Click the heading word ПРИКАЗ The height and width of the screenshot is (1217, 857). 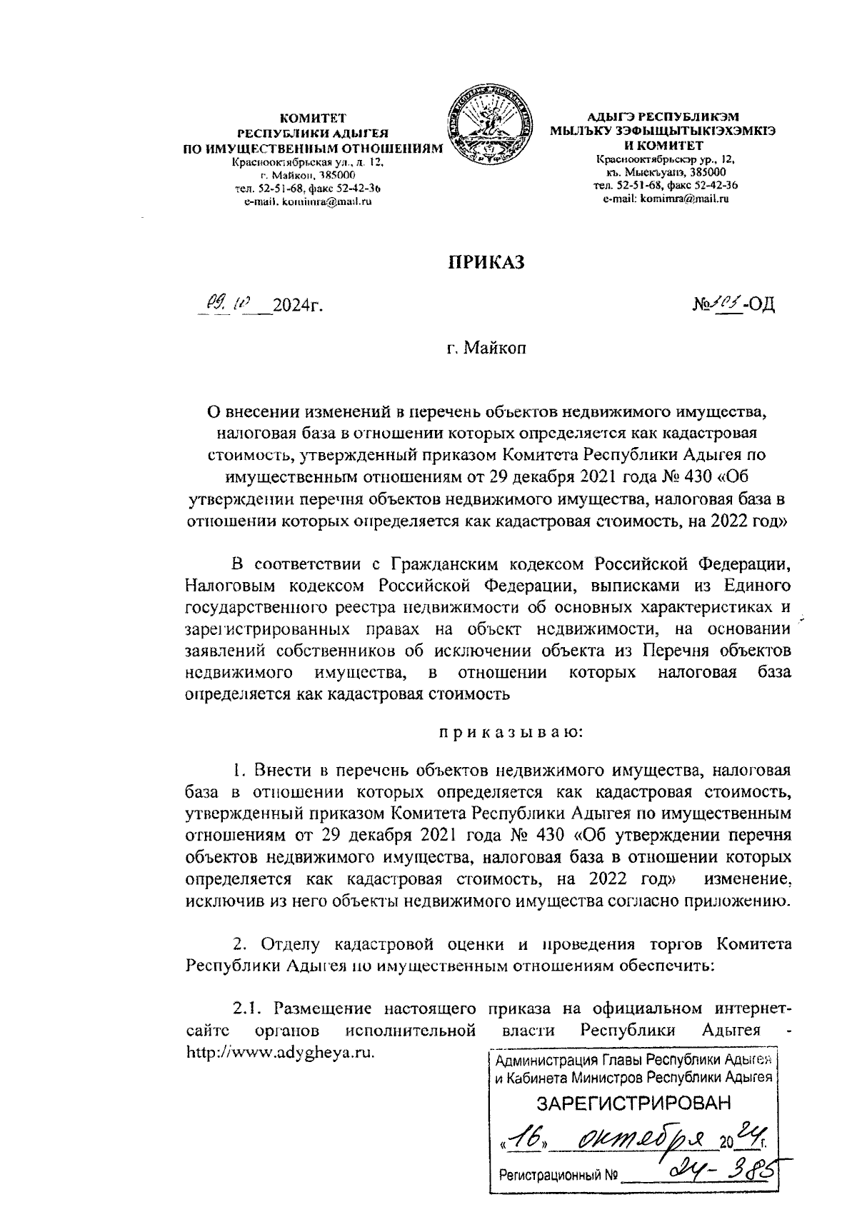click(x=485, y=264)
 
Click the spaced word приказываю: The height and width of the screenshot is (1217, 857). click(x=509, y=731)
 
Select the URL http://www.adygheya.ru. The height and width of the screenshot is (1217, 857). click(x=280, y=1053)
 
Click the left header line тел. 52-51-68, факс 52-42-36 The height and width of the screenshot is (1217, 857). click(x=307, y=189)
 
